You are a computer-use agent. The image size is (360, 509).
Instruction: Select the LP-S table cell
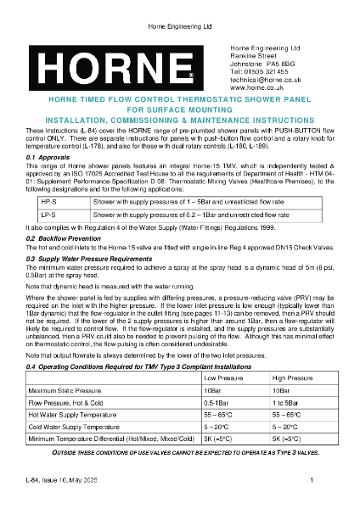click(49, 216)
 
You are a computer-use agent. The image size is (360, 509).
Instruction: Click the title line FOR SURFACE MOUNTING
click(179, 110)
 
